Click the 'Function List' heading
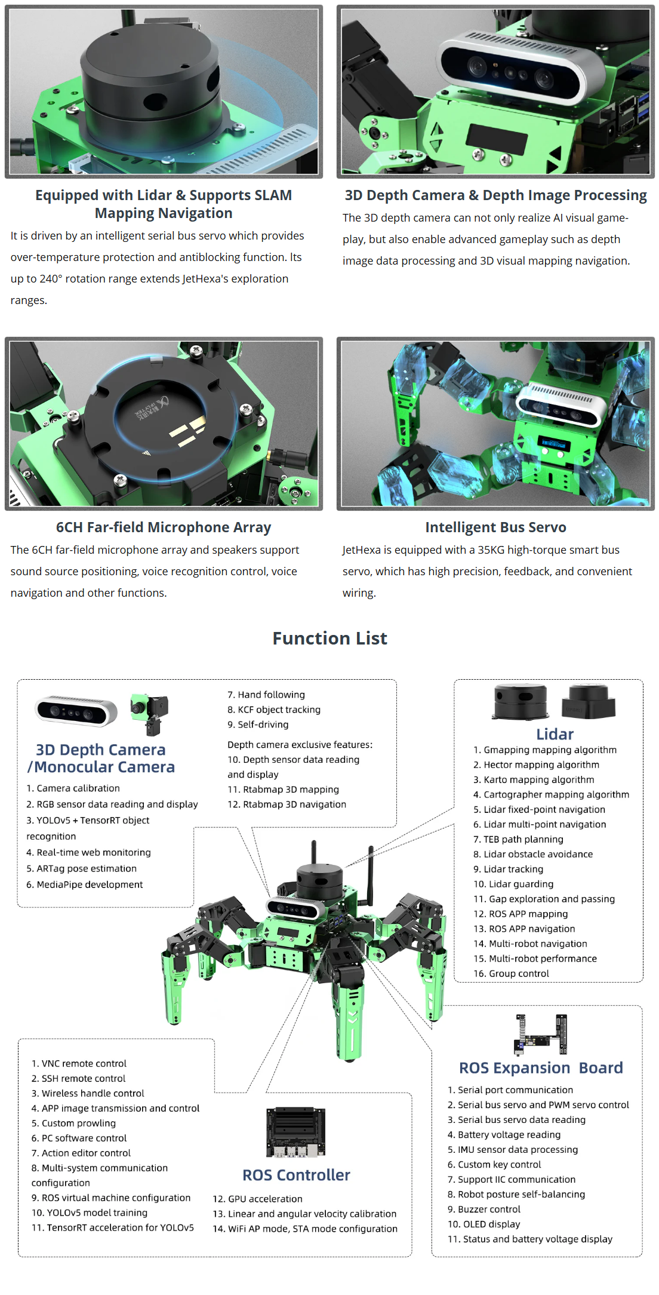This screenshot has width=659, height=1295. click(329, 639)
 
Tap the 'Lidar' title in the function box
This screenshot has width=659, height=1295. click(555, 734)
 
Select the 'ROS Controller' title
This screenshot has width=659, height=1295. click(296, 1175)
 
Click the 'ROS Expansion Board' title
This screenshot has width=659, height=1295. click(540, 1067)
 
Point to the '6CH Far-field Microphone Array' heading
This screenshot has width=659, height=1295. click(164, 527)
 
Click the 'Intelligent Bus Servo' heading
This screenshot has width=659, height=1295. click(495, 527)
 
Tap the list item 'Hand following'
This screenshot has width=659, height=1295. click(266, 695)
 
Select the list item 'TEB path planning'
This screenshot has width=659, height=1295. click(518, 839)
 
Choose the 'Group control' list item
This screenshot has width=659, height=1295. click(511, 974)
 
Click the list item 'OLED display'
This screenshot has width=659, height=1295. click(484, 1224)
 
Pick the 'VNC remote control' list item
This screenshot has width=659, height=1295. click(79, 1063)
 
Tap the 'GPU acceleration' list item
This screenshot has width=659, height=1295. click(257, 1199)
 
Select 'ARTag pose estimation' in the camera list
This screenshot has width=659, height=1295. click(81, 869)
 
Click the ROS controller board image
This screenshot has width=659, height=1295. click(296, 1133)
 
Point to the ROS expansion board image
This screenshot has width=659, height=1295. click(541, 1034)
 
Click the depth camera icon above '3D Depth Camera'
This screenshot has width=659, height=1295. click(76, 711)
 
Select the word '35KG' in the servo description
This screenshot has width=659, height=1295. click(491, 550)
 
